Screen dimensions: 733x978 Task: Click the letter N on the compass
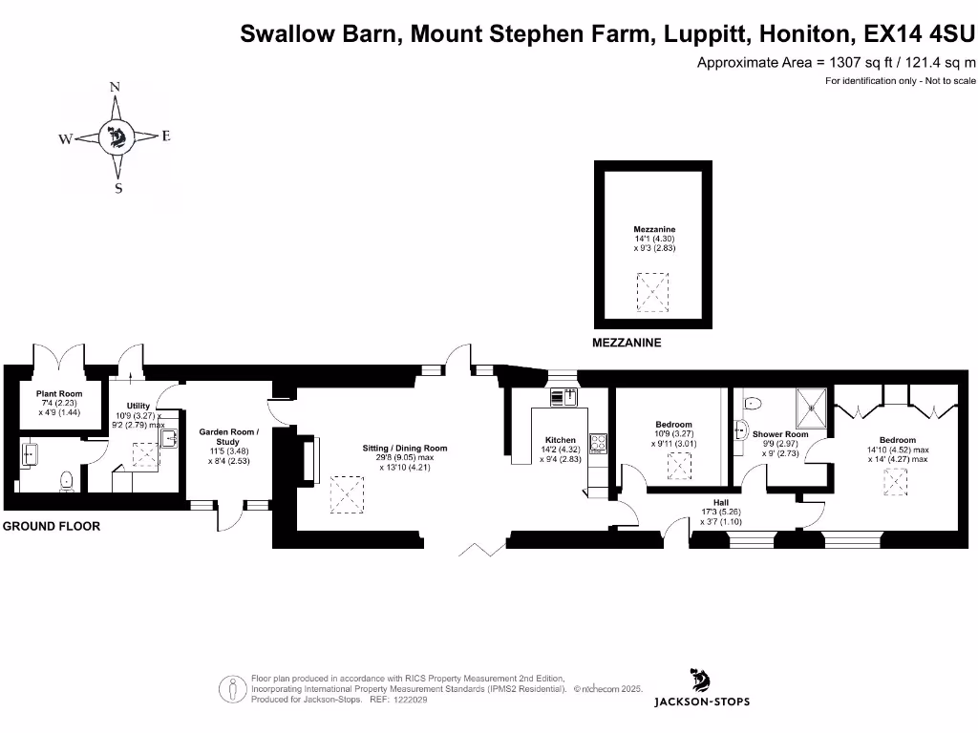116,87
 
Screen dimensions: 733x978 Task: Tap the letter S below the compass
118,188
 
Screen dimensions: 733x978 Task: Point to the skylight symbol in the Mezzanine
654,292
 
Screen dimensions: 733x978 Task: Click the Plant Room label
59,393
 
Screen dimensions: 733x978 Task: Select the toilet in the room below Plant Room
66,480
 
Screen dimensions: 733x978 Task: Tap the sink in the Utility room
169,439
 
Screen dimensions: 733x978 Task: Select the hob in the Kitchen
600,443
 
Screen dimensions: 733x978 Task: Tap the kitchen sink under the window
559,398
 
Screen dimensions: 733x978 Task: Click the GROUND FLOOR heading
51,526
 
